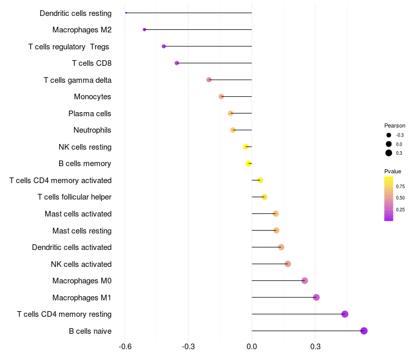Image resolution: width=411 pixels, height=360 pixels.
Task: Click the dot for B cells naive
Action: point(364,331)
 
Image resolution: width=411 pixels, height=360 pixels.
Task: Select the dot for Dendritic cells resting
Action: point(126,13)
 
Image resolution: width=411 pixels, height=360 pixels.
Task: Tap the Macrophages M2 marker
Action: point(144,30)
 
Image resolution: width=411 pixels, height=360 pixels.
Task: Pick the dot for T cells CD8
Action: point(177,63)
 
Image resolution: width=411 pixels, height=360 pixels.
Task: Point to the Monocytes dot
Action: point(221,97)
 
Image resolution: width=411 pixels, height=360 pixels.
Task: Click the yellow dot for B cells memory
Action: point(249,164)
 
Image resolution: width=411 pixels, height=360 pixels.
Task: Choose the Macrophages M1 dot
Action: point(316,297)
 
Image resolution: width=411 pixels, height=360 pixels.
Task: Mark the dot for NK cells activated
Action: point(288,264)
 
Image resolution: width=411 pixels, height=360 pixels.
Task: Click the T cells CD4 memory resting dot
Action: point(345,314)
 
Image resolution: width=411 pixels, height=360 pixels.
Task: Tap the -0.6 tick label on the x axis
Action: point(125,347)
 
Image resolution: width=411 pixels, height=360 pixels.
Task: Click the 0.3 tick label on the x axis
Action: point(315,347)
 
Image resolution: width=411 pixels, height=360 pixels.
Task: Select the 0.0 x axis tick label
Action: point(252,347)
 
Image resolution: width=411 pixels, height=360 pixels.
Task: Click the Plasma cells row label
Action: point(89,114)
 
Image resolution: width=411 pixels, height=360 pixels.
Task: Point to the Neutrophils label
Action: point(92,130)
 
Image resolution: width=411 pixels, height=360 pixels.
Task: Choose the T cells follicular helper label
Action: point(74,197)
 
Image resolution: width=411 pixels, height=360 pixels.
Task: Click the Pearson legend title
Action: point(395,125)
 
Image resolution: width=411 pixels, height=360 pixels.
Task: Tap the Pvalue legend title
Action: point(393,171)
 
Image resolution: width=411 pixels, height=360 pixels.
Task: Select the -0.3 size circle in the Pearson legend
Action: point(388,135)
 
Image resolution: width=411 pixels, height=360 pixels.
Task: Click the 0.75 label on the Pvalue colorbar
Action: point(400,187)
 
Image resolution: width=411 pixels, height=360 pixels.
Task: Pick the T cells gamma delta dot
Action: point(209,80)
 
